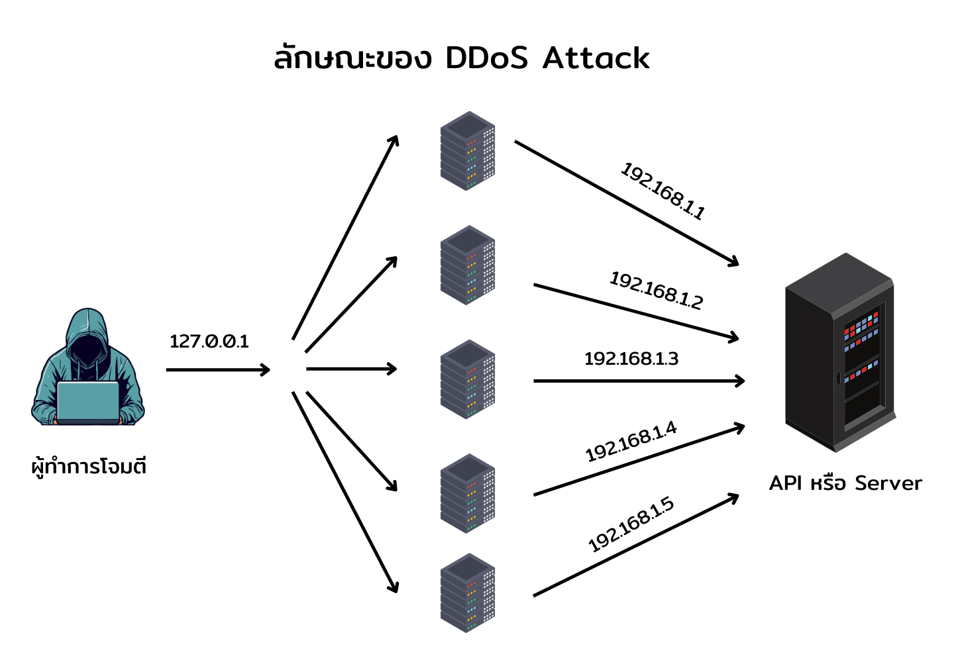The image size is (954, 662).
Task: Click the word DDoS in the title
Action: pyautogui.click(x=487, y=58)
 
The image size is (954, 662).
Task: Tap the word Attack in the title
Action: pyautogui.click(x=596, y=58)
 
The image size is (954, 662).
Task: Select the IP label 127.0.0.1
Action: pyautogui.click(x=209, y=342)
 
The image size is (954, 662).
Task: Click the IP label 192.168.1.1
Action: pyautogui.click(x=662, y=191)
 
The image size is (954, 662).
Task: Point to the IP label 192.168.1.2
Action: pyautogui.click(x=656, y=291)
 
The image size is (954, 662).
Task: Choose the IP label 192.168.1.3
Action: pyautogui.click(x=631, y=359)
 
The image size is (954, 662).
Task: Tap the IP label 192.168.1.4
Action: pyautogui.click(x=631, y=442)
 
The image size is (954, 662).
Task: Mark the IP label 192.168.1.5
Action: pyautogui.click(x=631, y=524)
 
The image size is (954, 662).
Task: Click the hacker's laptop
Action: pyautogui.click(x=87, y=402)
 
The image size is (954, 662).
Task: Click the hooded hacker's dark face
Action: pyautogui.click(x=87, y=348)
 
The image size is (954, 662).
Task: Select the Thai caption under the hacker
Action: pyautogui.click(x=89, y=467)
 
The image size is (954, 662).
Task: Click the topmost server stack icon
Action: pyautogui.click(x=468, y=151)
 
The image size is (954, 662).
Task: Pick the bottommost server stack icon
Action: pyautogui.click(x=468, y=593)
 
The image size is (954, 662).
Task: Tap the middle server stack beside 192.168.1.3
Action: pyautogui.click(x=468, y=379)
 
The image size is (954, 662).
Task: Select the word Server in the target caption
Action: pyautogui.click(x=888, y=483)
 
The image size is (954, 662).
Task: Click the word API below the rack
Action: pyautogui.click(x=786, y=483)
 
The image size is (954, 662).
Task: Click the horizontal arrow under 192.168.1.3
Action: pyautogui.click(x=639, y=381)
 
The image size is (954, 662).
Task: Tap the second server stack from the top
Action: pyautogui.click(x=468, y=265)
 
